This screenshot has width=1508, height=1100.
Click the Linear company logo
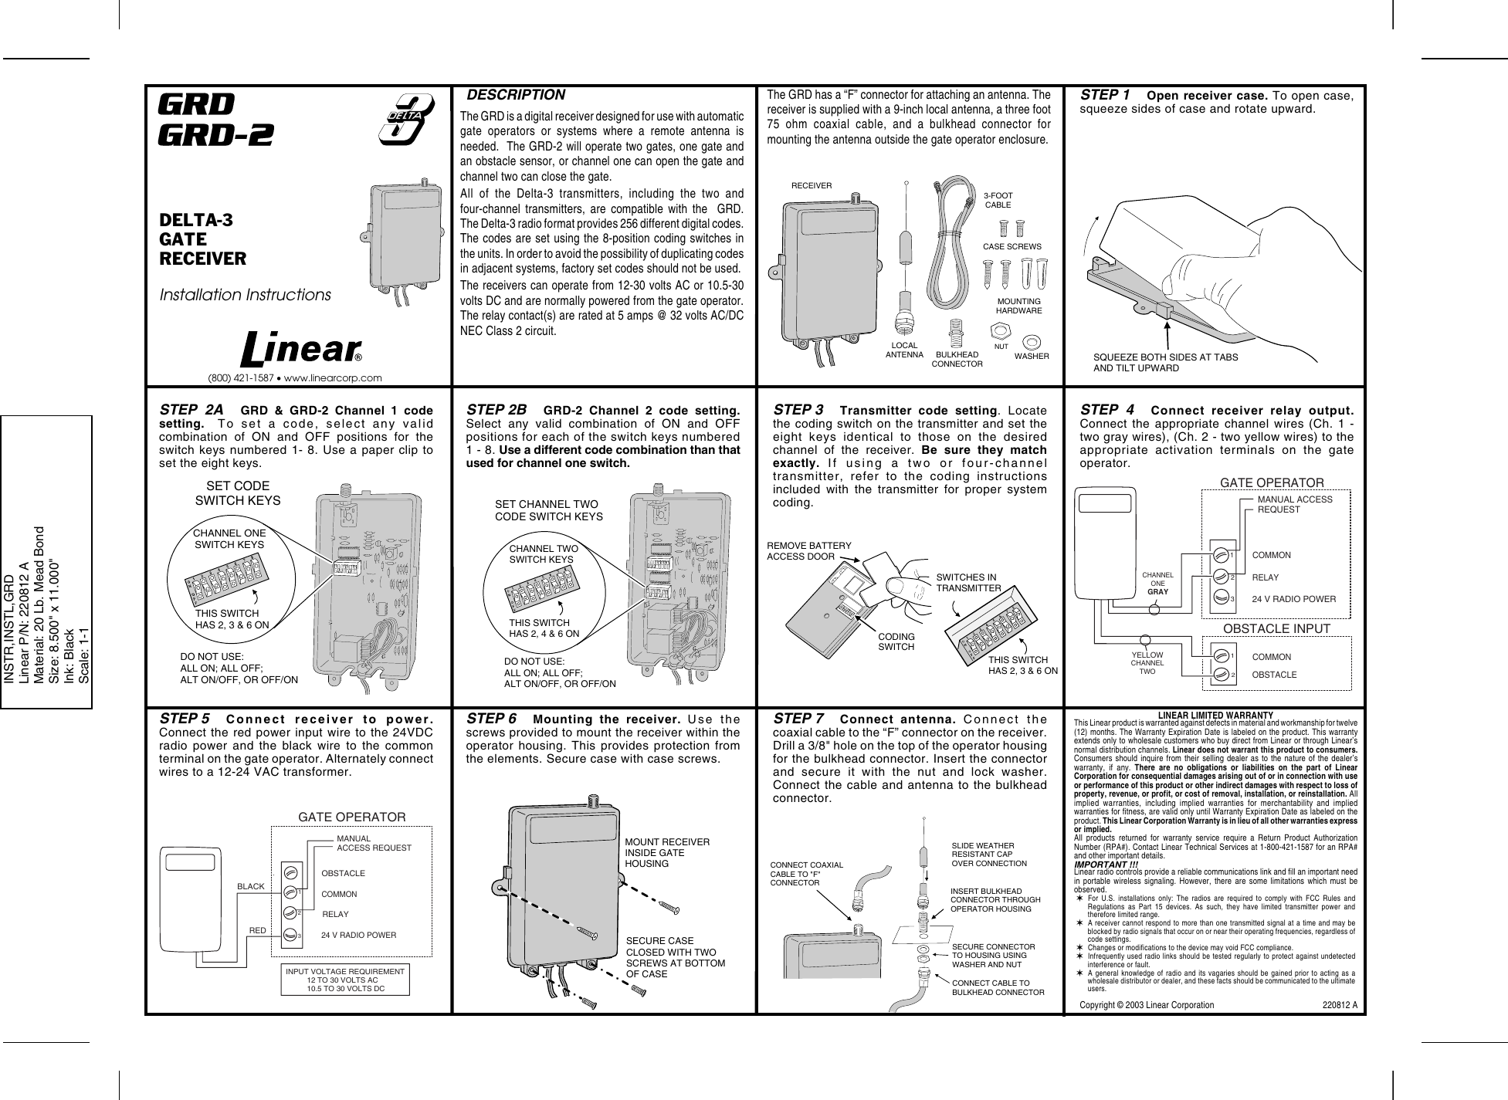(x=302, y=350)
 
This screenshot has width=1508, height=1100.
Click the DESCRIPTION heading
(x=516, y=96)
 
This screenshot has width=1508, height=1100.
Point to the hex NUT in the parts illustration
(x=1001, y=333)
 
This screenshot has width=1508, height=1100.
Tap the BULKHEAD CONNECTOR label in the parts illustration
(x=957, y=358)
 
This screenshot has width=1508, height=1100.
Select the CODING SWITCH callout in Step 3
(x=896, y=641)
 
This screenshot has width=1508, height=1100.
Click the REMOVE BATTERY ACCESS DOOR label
(x=808, y=550)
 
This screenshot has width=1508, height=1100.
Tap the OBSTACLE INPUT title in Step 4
(x=1277, y=629)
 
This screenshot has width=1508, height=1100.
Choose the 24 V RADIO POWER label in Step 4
(x=1293, y=598)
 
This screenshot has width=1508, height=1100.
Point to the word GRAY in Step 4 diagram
(x=1157, y=592)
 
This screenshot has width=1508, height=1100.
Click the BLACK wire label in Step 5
(x=251, y=887)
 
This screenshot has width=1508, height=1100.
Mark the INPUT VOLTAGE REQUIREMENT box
(x=345, y=978)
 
